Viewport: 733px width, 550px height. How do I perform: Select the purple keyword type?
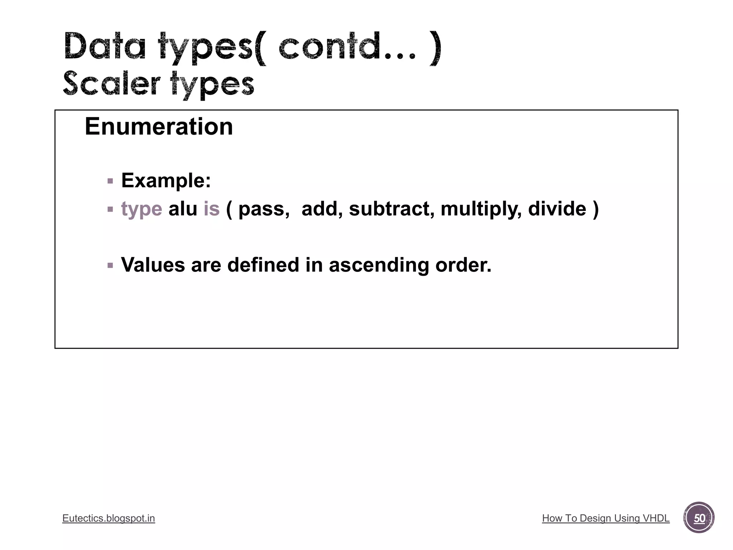141,209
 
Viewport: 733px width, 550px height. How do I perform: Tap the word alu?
183,209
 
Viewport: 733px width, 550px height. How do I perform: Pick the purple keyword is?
211,209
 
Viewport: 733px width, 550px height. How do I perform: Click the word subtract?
391,209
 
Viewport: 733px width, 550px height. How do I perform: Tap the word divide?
557,209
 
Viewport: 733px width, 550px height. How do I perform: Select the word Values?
153,265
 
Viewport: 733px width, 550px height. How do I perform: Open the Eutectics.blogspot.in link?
108,518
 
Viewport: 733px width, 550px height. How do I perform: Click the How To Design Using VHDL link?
606,518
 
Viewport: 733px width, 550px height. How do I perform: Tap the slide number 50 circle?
699,518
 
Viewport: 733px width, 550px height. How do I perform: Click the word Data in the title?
105,47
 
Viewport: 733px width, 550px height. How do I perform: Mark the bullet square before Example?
110,181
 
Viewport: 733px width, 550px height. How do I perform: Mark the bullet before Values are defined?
110,266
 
